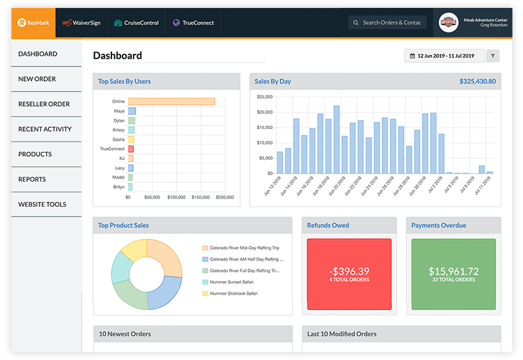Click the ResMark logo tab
coord(33,22)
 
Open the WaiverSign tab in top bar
coord(80,22)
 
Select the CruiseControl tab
coord(136,22)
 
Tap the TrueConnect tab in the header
coord(193,22)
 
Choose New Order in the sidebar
coord(37,79)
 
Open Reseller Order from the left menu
coord(44,104)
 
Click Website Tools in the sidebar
coord(42,204)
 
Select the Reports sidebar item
coord(32,179)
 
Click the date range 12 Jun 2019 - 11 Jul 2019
coord(445,56)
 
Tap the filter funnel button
coord(493,56)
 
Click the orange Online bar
coord(171,101)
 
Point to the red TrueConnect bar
coord(131,149)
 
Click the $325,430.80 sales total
coord(478,82)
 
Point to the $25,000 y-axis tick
coord(263,97)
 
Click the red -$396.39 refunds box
coord(349,274)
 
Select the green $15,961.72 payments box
coord(453,274)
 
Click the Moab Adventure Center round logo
coord(449,22)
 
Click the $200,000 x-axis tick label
coord(225,197)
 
